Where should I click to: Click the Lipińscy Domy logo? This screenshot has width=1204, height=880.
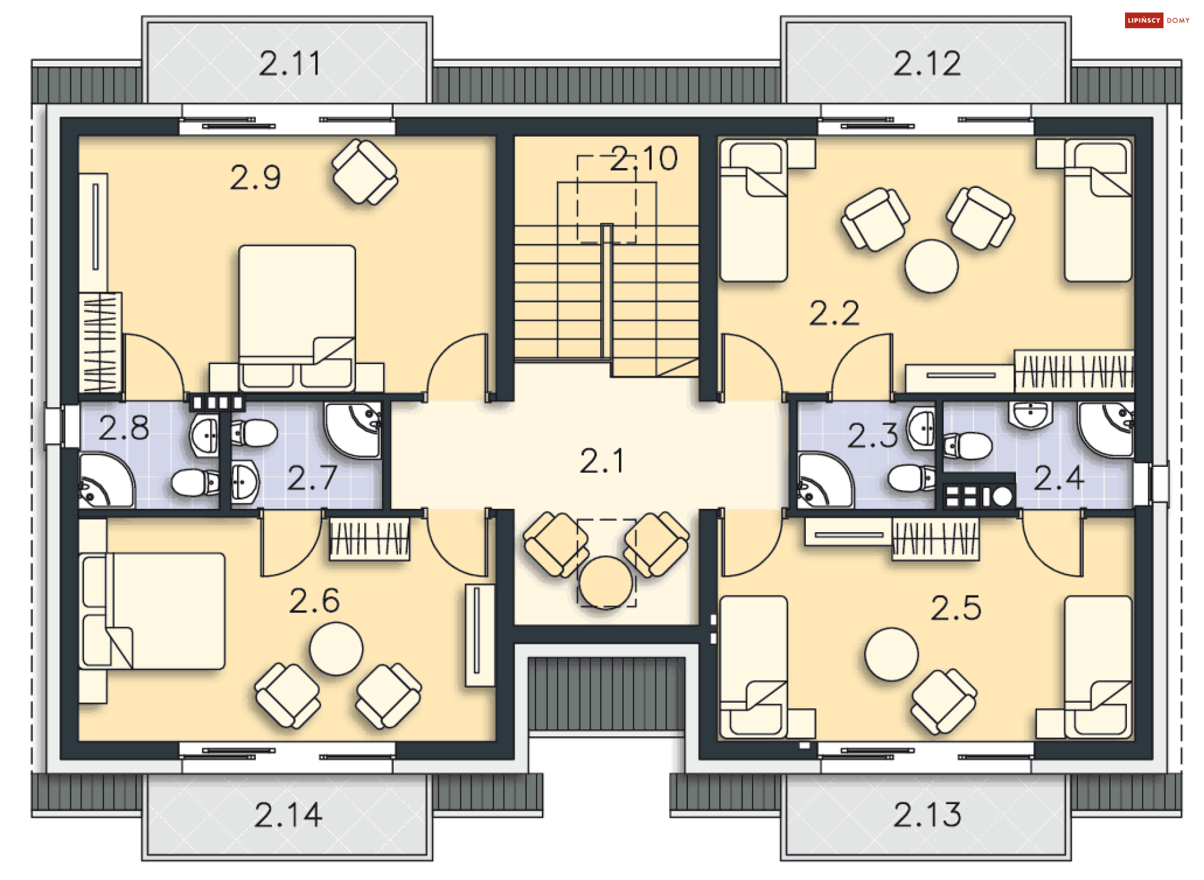click(x=1157, y=20)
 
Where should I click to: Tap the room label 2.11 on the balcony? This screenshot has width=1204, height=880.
click(x=290, y=63)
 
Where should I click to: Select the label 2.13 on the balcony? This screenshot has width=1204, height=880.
click(x=927, y=814)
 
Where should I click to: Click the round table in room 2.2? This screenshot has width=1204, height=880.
click(x=931, y=266)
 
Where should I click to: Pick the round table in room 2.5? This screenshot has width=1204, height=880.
click(x=891, y=654)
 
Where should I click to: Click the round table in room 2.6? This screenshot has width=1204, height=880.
click(x=336, y=649)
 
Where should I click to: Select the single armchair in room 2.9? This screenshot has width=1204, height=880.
click(x=364, y=172)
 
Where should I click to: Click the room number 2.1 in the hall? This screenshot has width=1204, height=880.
click(x=602, y=461)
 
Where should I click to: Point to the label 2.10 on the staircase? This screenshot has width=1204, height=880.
click(x=644, y=158)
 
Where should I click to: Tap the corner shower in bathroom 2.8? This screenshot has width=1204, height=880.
click(x=106, y=480)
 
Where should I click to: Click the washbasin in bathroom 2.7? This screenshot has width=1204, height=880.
click(x=244, y=482)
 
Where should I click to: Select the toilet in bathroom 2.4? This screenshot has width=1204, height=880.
click(x=968, y=446)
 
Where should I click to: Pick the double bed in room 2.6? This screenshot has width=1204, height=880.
click(x=152, y=611)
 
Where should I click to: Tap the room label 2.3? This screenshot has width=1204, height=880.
click(x=872, y=435)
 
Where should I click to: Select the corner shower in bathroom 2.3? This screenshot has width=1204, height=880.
click(x=825, y=480)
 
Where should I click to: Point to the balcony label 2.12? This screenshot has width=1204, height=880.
click(x=927, y=63)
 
